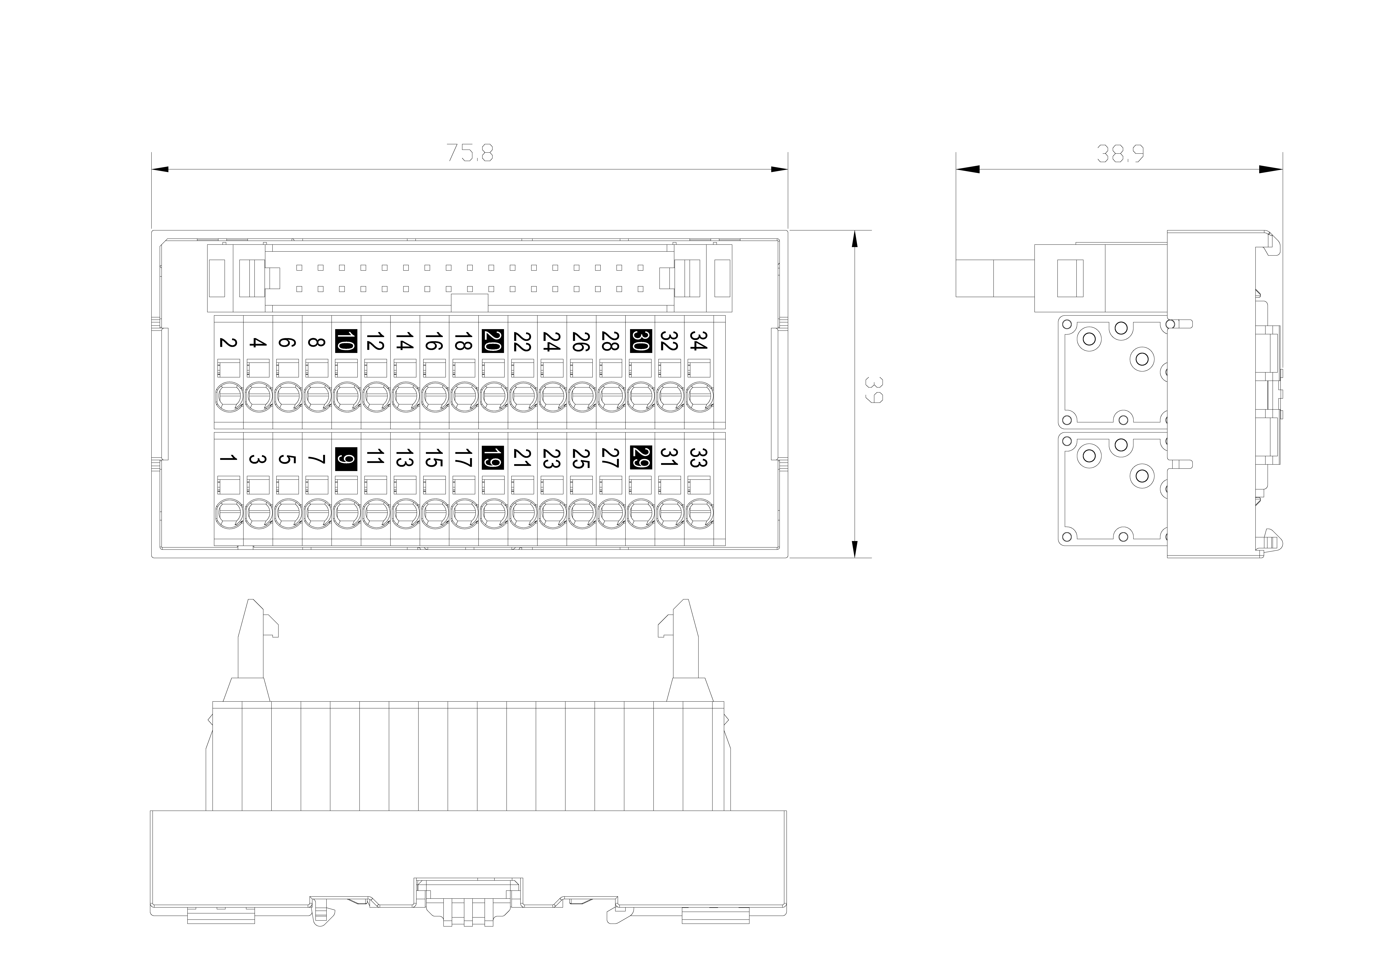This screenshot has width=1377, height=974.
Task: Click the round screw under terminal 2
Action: click(x=229, y=396)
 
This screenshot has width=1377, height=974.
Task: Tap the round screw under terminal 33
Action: click(x=699, y=513)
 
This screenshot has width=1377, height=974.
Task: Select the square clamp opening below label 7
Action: click(x=317, y=485)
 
